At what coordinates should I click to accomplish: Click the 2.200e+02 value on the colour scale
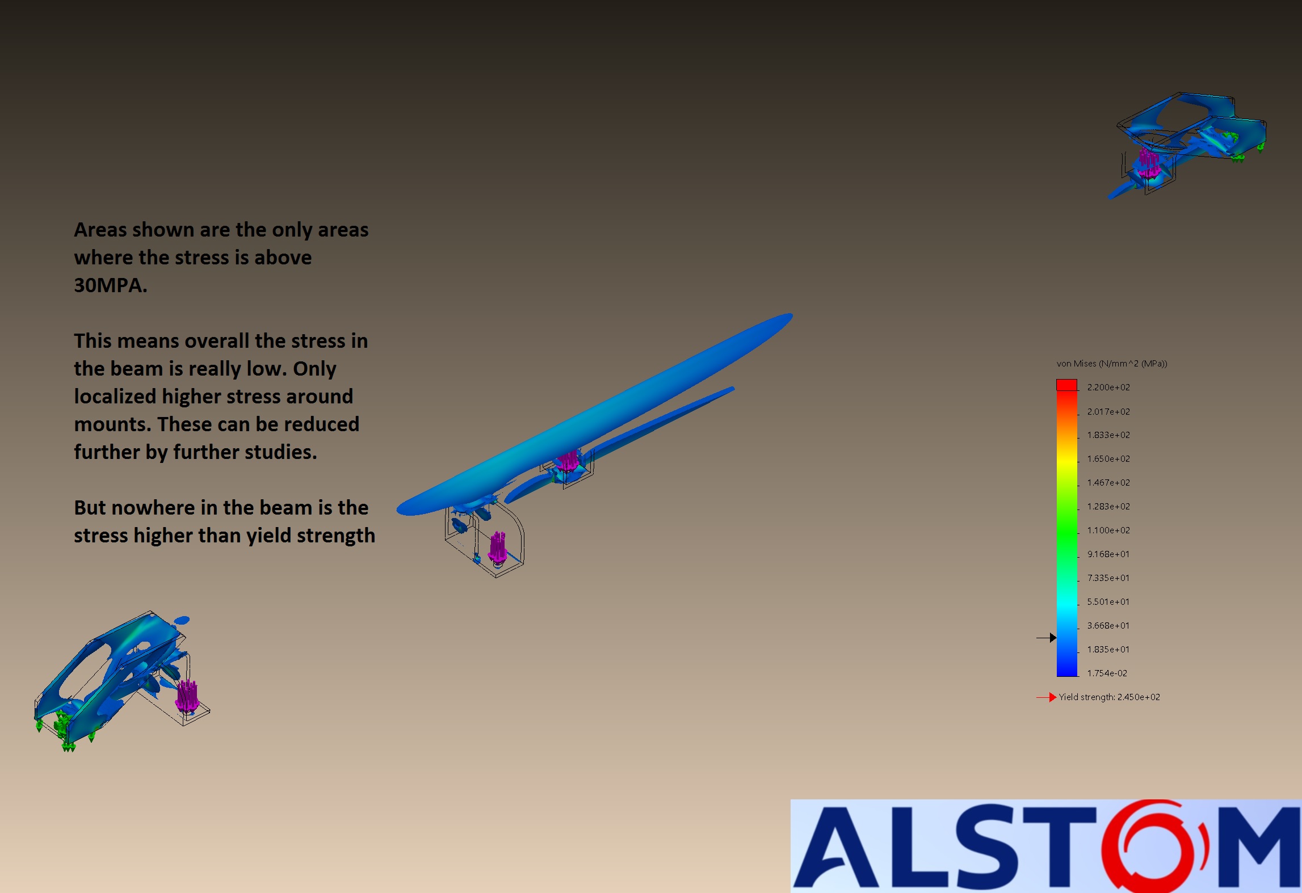click(x=1108, y=387)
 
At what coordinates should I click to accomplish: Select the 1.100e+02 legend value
click(x=1108, y=530)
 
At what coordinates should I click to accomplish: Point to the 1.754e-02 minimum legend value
click(x=1107, y=673)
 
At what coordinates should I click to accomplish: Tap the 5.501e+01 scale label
click(x=1108, y=601)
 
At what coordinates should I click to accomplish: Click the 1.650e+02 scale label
click(x=1108, y=458)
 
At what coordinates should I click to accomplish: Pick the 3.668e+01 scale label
click(x=1108, y=625)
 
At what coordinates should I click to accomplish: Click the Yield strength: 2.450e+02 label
click(x=1110, y=697)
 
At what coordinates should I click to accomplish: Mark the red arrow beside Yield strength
click(x=1046, y=697)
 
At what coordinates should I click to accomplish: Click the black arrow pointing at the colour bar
click(x=1046, y=638)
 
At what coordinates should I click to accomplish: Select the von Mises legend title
click(x=1111, y=364)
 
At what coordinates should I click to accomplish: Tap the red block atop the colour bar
click(x=1066, y=385)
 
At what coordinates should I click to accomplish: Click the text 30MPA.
click(x=111, y=285)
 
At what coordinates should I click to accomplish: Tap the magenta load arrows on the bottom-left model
click(x=187, y=696)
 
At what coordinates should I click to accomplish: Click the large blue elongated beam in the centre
click(x=594, y=414)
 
